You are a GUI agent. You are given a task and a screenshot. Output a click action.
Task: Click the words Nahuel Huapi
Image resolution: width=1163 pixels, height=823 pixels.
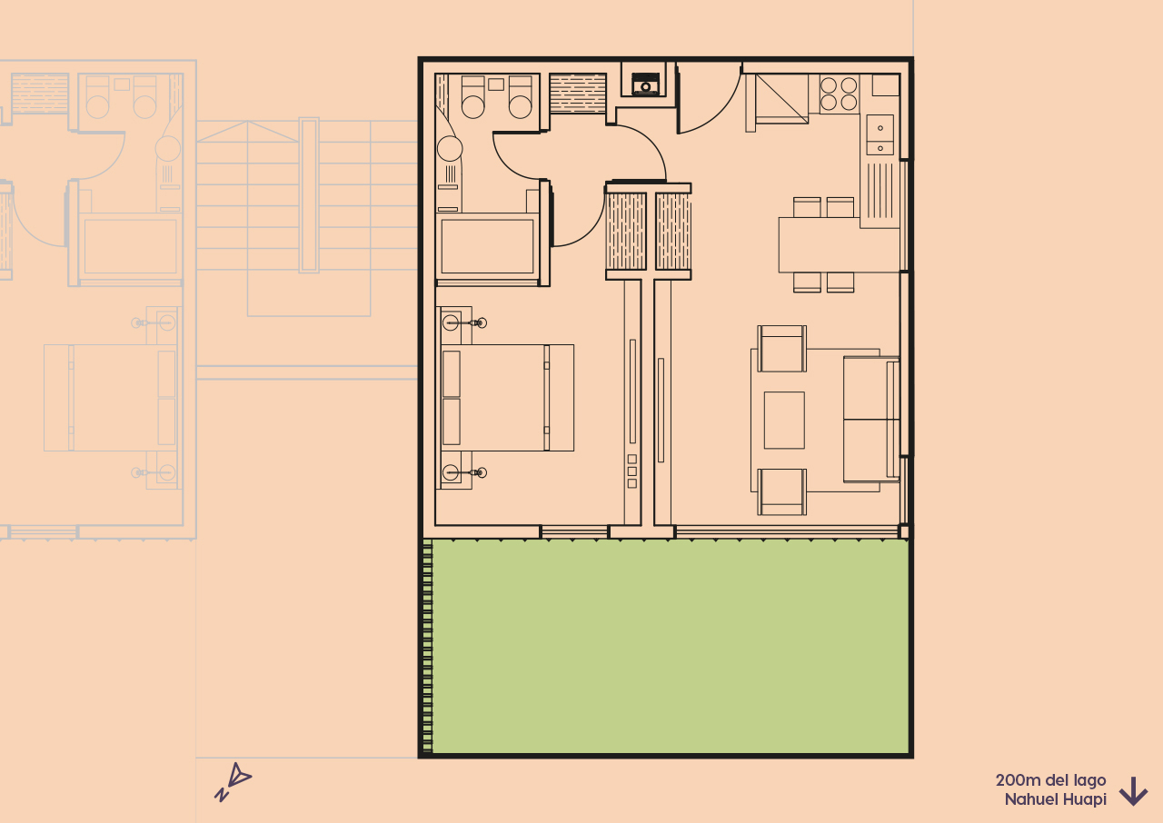point(1055,800)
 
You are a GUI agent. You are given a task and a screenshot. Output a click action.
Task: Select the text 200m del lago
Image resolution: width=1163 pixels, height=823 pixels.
point(1050,780)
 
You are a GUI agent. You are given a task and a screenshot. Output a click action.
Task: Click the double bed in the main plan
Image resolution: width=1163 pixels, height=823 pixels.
point(507,398)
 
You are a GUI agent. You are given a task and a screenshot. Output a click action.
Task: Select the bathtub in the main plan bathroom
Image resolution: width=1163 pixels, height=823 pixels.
point(487,246)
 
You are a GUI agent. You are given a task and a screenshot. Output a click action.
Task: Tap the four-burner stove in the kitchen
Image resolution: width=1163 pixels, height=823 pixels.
point(839,94)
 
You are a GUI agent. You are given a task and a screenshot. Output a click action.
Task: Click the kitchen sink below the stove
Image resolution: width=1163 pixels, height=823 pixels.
point(880,135)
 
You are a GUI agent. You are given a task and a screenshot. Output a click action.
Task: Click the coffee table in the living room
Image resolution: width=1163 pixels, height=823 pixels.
point(783,420)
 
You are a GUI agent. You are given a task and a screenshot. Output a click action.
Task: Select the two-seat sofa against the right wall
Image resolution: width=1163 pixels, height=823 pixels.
point(870,419)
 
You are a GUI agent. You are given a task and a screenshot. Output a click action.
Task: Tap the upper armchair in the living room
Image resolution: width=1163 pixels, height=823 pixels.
point(781,349)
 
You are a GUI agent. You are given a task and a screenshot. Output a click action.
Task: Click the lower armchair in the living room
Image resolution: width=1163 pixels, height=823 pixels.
point(781,491)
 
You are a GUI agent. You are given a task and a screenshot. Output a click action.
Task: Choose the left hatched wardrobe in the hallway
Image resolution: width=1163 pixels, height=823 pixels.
point(625,232)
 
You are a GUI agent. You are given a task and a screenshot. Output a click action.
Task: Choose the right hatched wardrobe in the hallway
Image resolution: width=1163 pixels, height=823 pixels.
point(673,232)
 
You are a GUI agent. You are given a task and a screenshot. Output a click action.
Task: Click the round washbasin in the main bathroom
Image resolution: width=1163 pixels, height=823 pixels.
point(450,149)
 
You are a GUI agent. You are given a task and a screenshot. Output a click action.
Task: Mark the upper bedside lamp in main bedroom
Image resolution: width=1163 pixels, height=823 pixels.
point(452,322)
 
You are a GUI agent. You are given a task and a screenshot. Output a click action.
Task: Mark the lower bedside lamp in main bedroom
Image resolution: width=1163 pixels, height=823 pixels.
point(452,472)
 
